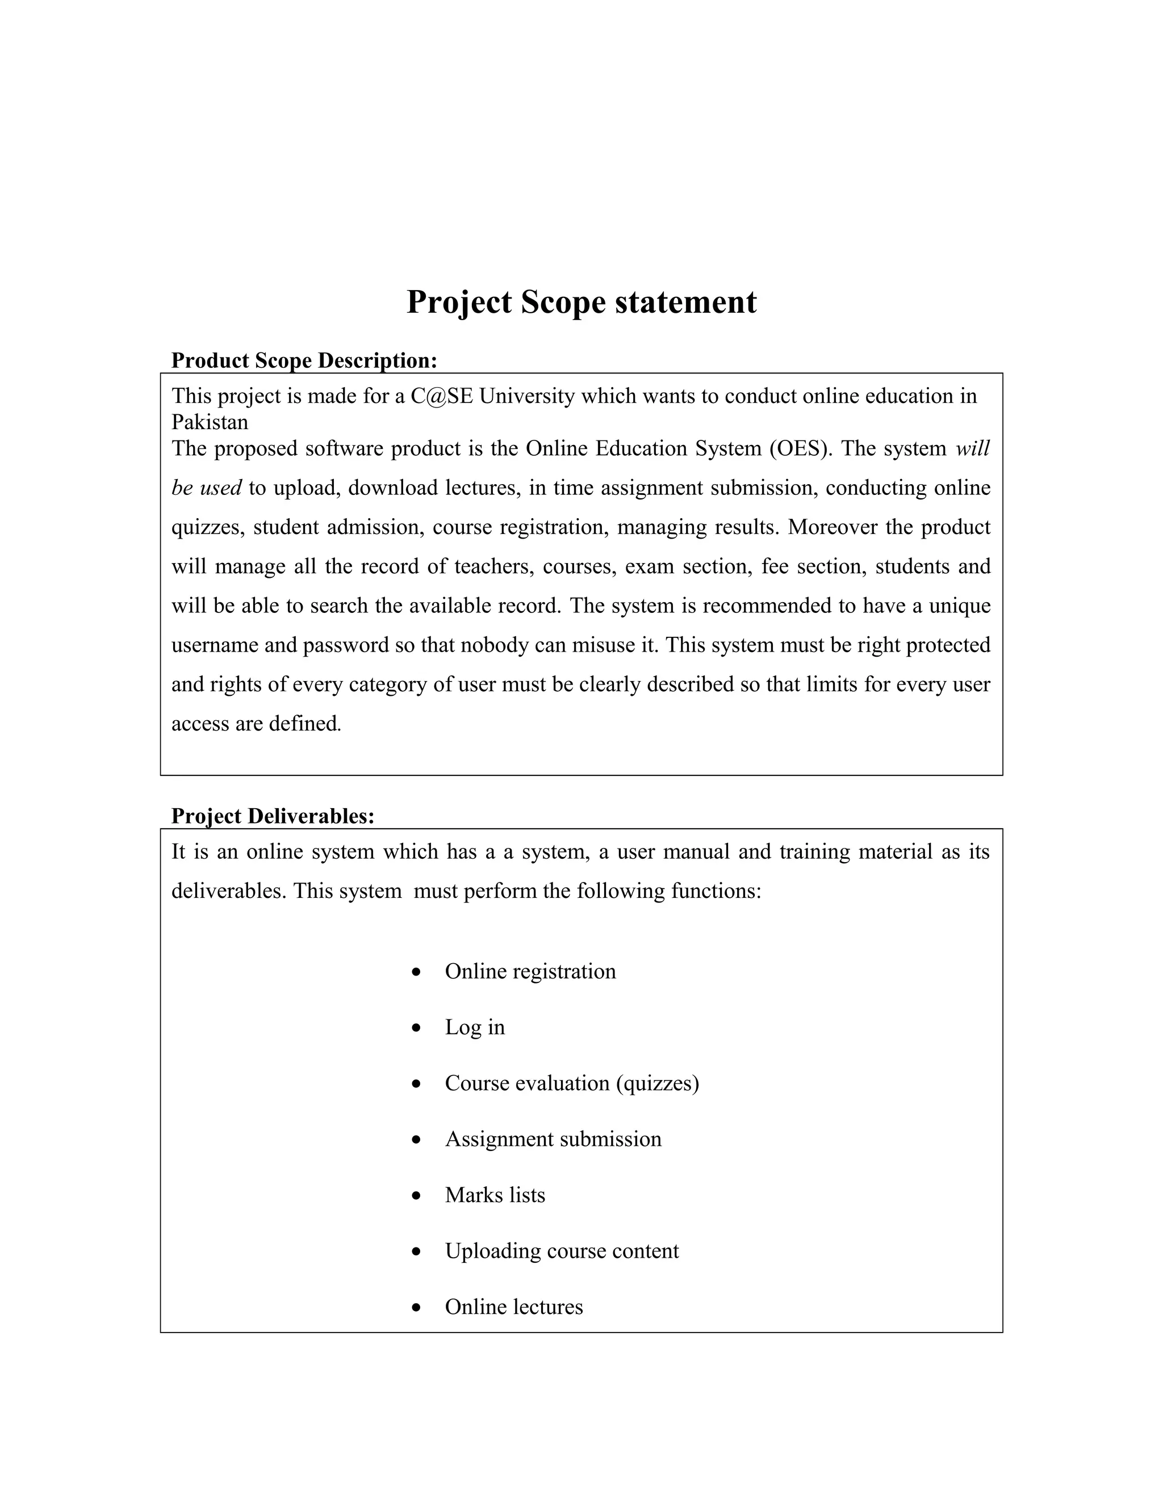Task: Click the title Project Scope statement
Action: (581, 303)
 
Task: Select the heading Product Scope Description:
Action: (304, 360)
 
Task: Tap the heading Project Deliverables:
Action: (272, 816)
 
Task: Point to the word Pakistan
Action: (210, 422)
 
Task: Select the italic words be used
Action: (206, 488)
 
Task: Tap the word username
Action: (214, 645)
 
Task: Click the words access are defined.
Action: (256, 724)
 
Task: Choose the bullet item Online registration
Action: (530, 972)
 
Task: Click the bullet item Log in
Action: (475, 1027)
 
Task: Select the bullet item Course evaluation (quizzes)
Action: (571, 1083)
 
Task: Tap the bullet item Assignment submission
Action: (553, 1139)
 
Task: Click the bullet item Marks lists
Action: (495, 1195)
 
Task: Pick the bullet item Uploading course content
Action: (562, 1250)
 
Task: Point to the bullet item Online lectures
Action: (513, 1306)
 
